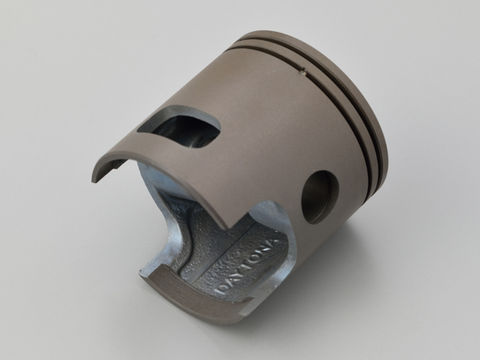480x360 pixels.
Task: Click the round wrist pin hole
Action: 320,197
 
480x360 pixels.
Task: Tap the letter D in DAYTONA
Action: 223,290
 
